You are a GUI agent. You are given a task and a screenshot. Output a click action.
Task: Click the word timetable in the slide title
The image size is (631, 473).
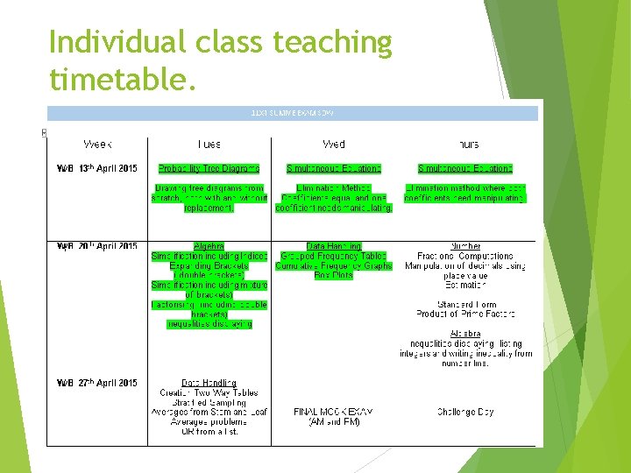[x=117, y=80]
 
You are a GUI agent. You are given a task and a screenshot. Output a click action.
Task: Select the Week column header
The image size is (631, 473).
[x=97, y=144]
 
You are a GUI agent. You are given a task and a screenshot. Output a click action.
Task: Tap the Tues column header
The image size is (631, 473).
[x=209, y=144]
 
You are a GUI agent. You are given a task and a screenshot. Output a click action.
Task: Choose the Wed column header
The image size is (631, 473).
[x=334, y=144]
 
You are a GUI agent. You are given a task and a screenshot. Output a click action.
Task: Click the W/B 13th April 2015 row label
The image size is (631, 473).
[x=97, y=168]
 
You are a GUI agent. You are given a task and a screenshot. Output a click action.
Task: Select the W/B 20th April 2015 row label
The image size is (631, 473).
[x=97, y=247]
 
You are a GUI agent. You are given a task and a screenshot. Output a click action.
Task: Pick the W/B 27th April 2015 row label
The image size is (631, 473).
[x=97, y=383]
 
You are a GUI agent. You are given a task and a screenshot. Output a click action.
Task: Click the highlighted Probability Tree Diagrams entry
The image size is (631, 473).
[x=209, y=168]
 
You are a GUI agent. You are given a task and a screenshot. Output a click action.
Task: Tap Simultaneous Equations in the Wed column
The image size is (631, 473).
[x=334, y=168]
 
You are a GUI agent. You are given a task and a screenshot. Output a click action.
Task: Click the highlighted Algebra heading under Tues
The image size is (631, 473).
[x=209, y=247]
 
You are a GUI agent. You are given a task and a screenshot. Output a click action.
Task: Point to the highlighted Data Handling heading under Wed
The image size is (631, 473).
[x=334, y=247]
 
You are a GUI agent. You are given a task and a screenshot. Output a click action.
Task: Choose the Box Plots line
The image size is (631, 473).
[x=334, y=275]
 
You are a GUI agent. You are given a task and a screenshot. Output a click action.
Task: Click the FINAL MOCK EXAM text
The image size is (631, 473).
[x=334, y=412]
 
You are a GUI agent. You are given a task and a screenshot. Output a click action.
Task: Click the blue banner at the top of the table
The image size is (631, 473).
[x=294, y=113]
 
